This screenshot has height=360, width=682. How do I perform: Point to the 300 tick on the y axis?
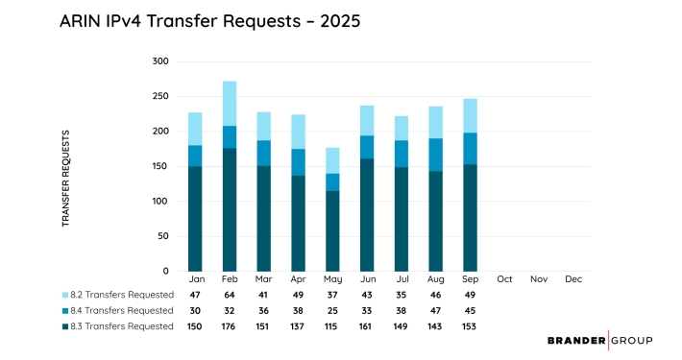[160, 61]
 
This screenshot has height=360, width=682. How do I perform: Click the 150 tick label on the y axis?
[160, 166]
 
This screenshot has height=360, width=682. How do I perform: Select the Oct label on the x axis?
[504, 279]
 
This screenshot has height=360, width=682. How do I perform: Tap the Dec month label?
[573, 279]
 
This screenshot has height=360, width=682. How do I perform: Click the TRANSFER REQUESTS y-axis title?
[66, 179]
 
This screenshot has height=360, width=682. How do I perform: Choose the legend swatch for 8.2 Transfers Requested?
[64, 295]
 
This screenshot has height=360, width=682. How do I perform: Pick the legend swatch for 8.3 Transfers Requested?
[64, 326]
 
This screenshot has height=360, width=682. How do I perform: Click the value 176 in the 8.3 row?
[230, 326]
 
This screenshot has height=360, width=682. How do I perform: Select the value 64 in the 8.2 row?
[230, 295]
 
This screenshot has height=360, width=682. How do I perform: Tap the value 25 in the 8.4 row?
[332, 310]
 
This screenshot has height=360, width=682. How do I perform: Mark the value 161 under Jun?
[367, 326]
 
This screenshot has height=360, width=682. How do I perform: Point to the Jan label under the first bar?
[195, 279]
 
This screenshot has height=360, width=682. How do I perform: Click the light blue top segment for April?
[298, 132]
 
